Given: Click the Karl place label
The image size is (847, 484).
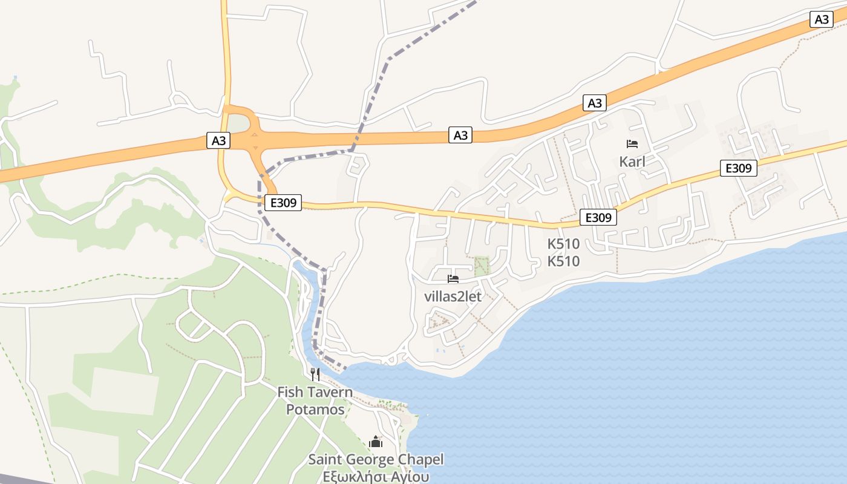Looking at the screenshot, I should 632,162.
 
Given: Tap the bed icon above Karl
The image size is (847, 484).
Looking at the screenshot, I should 632,144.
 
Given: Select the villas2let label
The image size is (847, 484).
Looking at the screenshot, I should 453,296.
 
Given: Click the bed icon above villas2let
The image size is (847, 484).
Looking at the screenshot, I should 453,279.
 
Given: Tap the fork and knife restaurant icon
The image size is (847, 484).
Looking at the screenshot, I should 315,374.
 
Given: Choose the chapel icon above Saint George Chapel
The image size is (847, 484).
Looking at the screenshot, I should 376,442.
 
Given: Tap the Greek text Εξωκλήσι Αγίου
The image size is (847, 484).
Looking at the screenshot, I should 376,477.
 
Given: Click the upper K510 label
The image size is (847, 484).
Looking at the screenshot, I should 563,244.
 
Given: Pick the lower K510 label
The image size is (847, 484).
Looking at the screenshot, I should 563,261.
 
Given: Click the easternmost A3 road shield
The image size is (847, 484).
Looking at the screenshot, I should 822,19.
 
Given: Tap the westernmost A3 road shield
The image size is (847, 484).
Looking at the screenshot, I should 219,141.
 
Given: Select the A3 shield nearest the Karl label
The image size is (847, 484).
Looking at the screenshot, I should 595,103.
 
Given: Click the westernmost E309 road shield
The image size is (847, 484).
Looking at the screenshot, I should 283,203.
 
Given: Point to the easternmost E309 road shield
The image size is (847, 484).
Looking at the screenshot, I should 738,168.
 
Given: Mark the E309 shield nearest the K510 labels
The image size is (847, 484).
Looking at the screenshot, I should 598,217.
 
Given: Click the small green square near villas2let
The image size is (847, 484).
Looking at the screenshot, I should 482,266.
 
